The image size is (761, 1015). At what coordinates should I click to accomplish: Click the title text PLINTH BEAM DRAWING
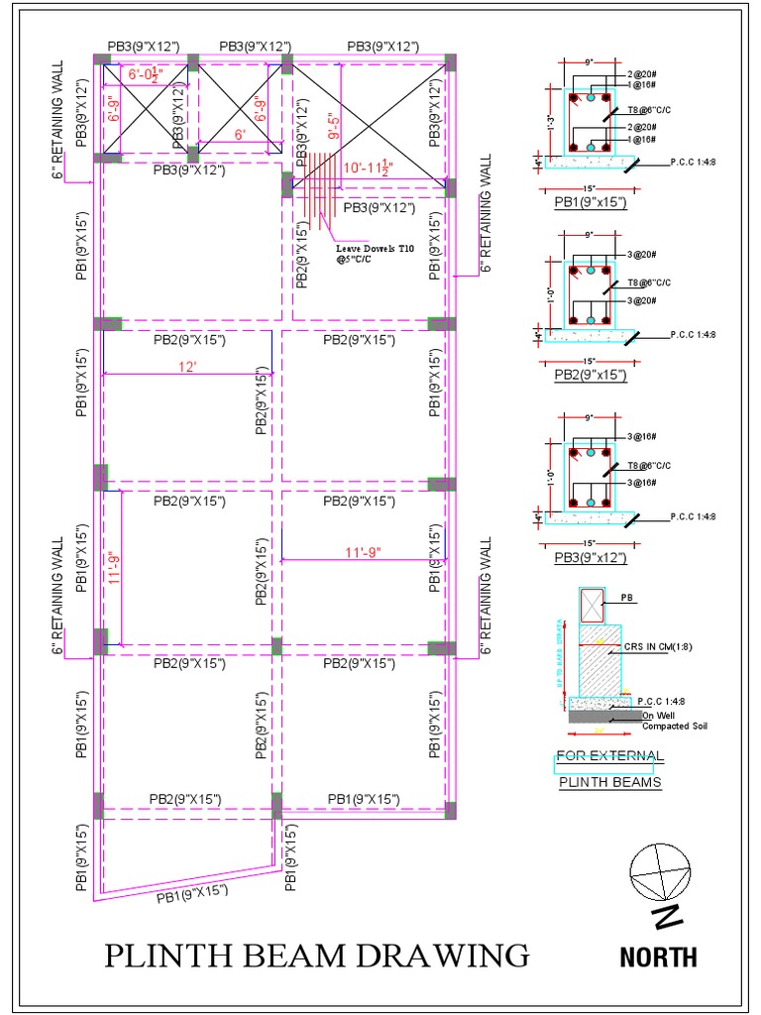coord(317,956)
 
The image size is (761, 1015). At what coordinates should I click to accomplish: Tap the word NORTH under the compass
coord(658,958)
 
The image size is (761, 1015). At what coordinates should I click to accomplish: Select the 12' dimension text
coord(189,367)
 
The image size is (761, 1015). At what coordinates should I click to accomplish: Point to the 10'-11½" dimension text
coord(370,169)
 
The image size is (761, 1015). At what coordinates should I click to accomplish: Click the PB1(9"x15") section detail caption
coord(591,203)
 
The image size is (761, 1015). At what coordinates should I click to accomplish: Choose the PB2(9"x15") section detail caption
coord(591,375)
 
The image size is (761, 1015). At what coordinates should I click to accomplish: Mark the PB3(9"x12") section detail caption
coord(591,558)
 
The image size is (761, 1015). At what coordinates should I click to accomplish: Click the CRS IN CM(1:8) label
coord(658,646)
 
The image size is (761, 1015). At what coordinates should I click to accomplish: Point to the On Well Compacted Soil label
coord(674,721)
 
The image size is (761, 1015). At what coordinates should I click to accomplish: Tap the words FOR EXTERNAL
coord(609,756)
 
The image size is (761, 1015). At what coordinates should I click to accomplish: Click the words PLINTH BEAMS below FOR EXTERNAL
coord(609,782)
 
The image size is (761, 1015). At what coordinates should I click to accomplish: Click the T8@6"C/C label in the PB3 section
coord(649,465)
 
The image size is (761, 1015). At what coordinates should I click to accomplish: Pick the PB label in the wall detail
coord(626,599)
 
